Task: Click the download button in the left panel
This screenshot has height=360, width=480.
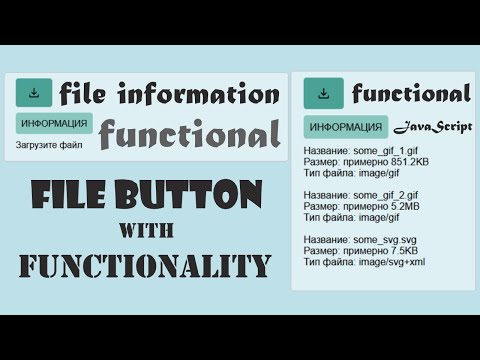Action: [34, 94]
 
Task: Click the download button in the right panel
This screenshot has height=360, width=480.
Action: [323, 94]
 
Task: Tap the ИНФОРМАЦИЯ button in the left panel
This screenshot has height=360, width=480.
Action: [54, 124]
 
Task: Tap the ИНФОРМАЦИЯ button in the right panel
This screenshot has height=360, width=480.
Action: [345, 127]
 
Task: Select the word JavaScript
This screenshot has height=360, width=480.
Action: [431, 127]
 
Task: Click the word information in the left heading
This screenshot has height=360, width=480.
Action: [198, 95]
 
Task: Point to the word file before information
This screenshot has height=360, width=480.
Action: [83, 95]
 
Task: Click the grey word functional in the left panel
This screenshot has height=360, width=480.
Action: [189, 134]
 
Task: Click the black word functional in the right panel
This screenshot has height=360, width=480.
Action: [410, 94]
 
